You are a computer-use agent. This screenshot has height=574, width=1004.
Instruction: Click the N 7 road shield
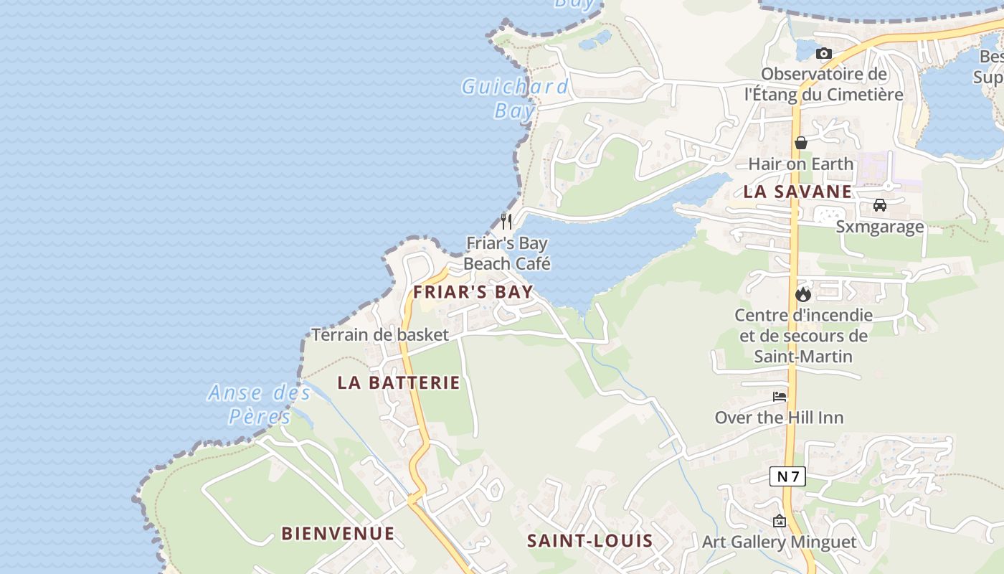pos(787,476)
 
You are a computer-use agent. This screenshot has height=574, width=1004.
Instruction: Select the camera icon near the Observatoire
pos(823,53)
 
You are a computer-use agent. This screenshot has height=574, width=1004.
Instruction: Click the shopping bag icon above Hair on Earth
pos(801,143)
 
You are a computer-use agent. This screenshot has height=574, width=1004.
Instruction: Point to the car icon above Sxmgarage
pos(879,205)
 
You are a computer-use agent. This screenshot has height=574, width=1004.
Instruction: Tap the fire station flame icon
pos(802,293)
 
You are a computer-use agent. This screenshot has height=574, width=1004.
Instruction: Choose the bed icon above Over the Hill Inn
pos(780,397)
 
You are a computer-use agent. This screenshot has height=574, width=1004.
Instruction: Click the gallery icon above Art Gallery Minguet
pos(780,521)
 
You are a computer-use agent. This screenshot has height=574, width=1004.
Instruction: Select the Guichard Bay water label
pos(515,99)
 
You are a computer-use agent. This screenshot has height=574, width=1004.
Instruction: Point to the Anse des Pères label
pos(260,405)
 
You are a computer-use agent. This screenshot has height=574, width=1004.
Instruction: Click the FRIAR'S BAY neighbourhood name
pos(473,292)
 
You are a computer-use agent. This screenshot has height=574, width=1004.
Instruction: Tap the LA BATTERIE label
pos(399,383)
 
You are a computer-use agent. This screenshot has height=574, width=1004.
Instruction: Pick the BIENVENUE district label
pos(338,534)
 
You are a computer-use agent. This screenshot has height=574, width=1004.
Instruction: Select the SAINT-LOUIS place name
pos(590,541)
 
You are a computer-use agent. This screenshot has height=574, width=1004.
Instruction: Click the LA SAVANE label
pos(797,192)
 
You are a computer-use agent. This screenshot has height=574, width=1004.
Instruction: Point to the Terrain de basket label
pos(380,334)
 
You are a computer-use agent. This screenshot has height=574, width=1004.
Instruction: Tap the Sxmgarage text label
pos(880,227)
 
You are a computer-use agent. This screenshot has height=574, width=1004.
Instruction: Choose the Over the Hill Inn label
pos(779,418)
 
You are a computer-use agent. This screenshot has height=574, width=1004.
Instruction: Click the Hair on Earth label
pos(801,164)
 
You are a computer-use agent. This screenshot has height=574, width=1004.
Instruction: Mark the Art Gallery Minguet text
pos(780,542)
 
